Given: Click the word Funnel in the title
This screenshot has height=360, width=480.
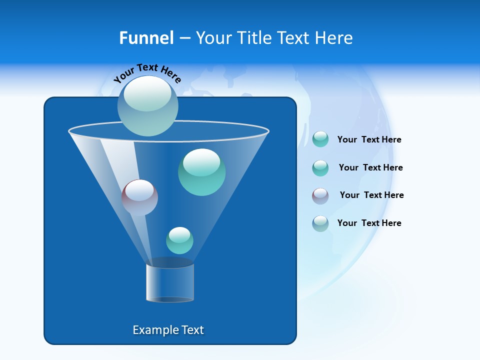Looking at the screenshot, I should coord(146,38).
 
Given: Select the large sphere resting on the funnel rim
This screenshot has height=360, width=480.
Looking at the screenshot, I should coord(147,106).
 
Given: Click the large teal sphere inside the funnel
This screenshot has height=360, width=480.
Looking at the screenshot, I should coord(201,172).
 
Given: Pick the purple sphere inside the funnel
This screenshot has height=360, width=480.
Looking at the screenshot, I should coord(139,197).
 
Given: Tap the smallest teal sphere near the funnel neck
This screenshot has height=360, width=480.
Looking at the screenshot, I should coord(179,240).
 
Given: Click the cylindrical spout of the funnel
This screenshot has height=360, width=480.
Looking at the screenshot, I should coord(169,283).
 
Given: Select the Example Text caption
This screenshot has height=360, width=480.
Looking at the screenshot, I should coord(168,330).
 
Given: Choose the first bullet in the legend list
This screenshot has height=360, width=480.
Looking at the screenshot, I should coord(320,139).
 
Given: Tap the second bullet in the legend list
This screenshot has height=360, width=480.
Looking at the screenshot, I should coord(320,168).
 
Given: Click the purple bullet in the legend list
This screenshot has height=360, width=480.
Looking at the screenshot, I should coord(320,196).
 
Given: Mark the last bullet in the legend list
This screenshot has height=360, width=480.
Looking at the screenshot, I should coord(320,223).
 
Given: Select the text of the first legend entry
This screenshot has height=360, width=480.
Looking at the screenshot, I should coord(369,140).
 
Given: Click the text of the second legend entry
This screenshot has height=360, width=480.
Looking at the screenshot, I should coord(370,168).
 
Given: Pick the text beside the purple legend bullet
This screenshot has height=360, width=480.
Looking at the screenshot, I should coord(371,195).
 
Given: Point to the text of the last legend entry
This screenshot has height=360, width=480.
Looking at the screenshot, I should coord(369,223).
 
